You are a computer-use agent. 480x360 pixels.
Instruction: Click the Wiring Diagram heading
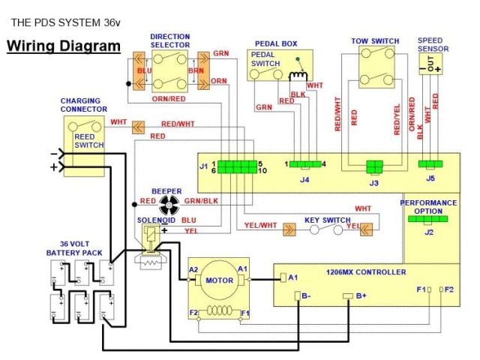64,46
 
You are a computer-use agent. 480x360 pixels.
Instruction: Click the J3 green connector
375,166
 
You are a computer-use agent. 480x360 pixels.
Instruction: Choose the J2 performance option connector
428,218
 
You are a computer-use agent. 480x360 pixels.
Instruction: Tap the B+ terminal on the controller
347,296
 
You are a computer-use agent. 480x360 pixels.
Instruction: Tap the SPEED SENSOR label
433,44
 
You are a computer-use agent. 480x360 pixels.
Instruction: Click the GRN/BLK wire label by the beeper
202,201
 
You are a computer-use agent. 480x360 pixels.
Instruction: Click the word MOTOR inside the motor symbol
220,280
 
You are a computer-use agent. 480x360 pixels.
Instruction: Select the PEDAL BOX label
276,43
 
